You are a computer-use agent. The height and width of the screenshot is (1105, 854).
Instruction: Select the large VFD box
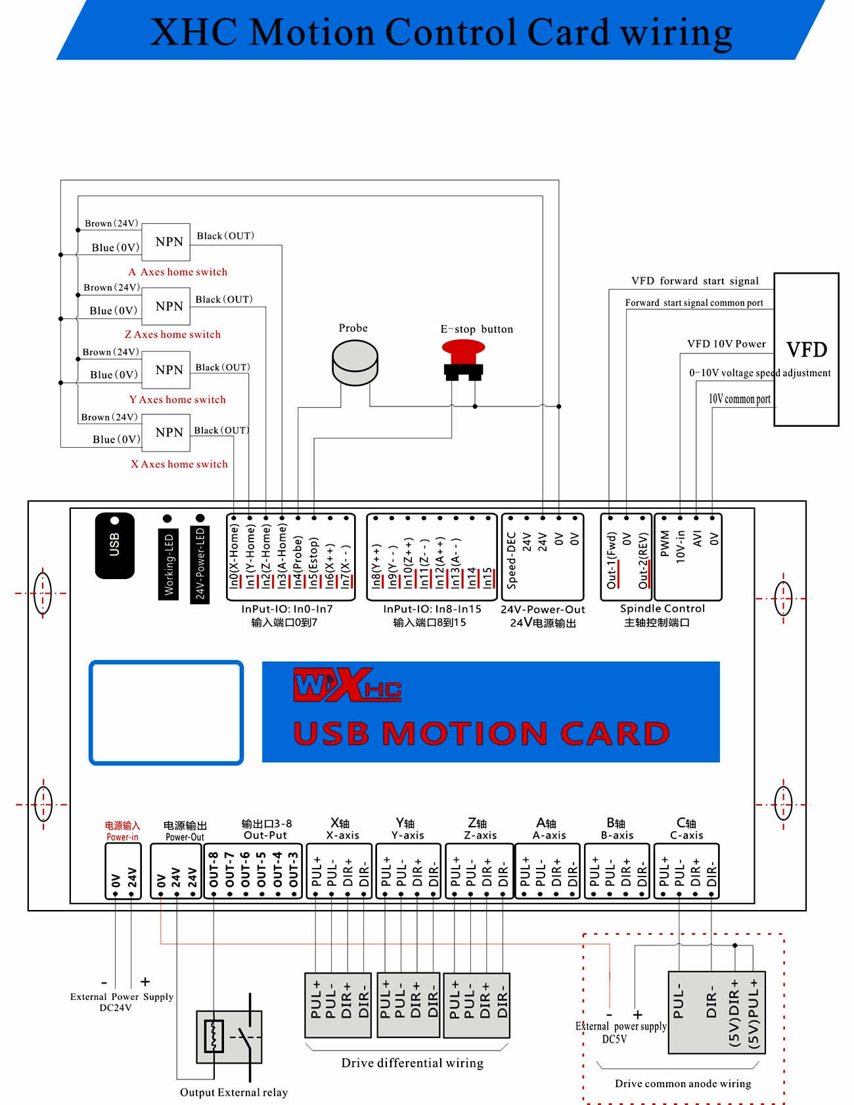pos(806,349)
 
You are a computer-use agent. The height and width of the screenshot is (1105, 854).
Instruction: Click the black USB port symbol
pos(115,546)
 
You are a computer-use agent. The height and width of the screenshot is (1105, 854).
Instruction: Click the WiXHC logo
pos(346,686)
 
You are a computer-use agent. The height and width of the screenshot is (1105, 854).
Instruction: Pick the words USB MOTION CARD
pos(481,733)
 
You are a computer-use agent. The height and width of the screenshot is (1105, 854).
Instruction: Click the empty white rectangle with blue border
pos(166,712)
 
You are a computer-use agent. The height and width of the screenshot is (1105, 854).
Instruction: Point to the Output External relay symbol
pos(230,1037)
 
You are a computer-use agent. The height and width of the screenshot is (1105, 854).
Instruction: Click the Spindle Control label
pos(662,609)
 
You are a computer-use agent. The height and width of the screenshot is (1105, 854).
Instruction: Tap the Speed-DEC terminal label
pos(512,559)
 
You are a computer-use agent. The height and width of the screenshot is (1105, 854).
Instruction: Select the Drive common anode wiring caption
pos(683,1083)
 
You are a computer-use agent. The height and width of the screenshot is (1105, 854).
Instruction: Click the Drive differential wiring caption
pos(412,1063)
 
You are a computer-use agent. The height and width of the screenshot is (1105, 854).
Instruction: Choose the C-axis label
pos(686,835)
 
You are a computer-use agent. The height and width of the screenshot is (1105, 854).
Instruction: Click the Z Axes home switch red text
pos(173,334)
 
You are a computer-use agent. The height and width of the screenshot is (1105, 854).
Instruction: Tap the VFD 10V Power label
pos(726,344)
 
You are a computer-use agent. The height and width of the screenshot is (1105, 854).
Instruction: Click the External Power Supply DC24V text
pos(122,1002)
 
